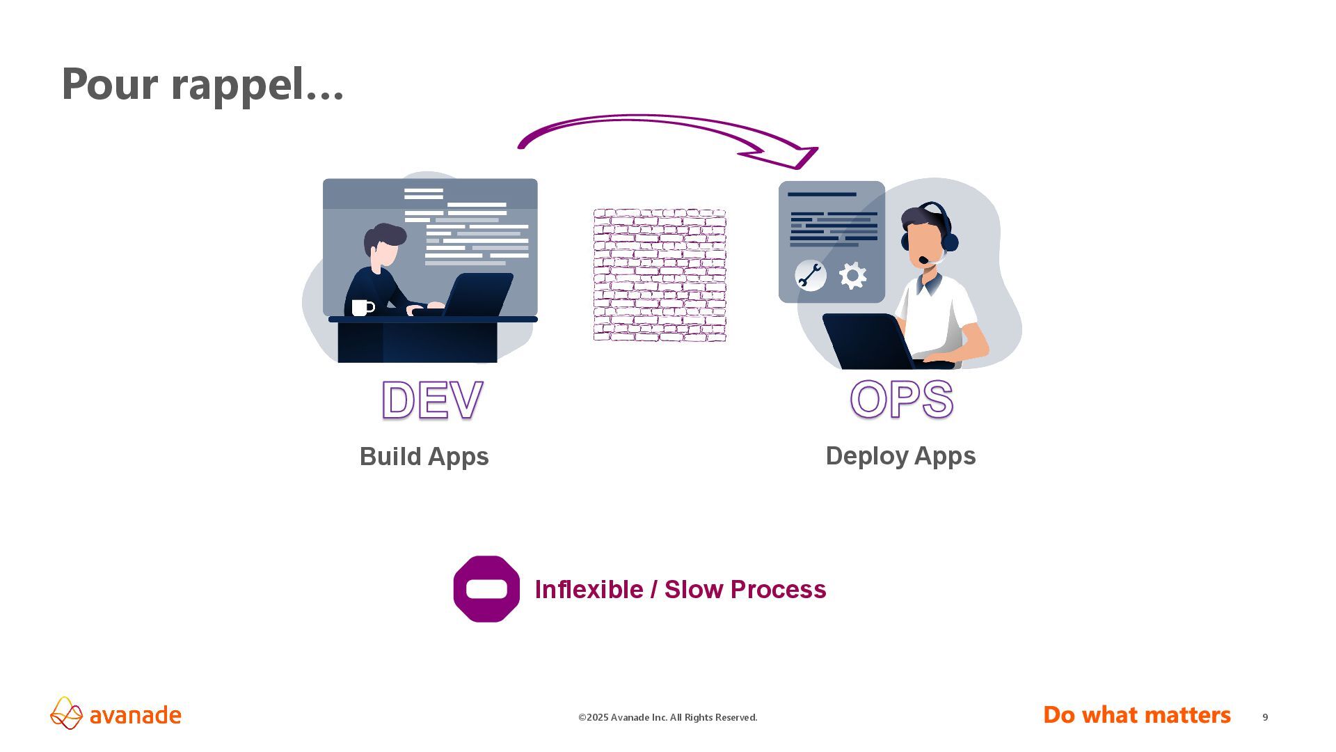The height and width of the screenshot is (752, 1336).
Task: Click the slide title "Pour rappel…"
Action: click(202, 84)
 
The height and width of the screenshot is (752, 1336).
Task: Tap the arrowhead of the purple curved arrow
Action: click(797, 157)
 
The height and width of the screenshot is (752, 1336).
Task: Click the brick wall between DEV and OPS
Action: click(660, 275)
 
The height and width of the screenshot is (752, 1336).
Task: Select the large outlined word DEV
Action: click(432, 400)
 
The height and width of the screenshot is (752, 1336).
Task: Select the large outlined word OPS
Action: click(901, 400)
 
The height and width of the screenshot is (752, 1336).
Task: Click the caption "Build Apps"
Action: click(424, 457)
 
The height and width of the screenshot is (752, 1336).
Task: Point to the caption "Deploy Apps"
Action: click(900, 456)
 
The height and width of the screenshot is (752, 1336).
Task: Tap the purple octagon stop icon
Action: click(486, 589)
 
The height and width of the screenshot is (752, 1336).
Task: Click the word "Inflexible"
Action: click(589, 590)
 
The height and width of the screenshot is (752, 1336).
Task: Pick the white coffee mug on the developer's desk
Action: click(361, 307)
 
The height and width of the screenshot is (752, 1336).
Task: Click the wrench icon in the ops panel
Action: click(810, 276)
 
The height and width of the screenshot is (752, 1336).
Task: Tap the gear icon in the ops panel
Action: click(852, 276)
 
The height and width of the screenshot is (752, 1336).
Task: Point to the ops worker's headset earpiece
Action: click(949, 242)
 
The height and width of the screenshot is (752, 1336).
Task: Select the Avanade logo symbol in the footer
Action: click(66, 713)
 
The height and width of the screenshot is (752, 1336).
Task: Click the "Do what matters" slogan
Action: click(1136, 715)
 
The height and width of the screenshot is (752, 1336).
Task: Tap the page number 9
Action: click(1265, 717)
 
